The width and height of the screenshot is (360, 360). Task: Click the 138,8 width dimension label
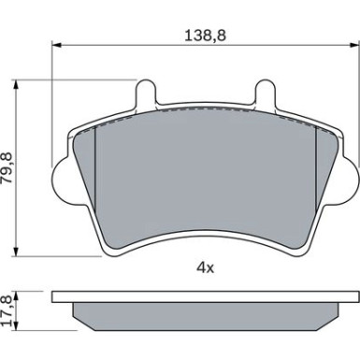pos(205,36)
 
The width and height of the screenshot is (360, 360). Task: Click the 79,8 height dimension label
pos(7,167)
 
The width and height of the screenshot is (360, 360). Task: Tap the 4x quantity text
pos(205,267)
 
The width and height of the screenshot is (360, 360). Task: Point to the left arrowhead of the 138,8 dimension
pos(55,45)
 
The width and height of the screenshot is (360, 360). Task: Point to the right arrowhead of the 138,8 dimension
pos(355,45)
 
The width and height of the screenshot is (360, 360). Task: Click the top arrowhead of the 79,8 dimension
pos(16,83)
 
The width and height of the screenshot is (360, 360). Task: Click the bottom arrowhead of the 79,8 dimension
pos(16,252)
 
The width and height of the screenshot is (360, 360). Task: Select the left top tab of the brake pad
pos(146,92)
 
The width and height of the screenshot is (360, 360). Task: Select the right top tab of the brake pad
pos(266,92)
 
